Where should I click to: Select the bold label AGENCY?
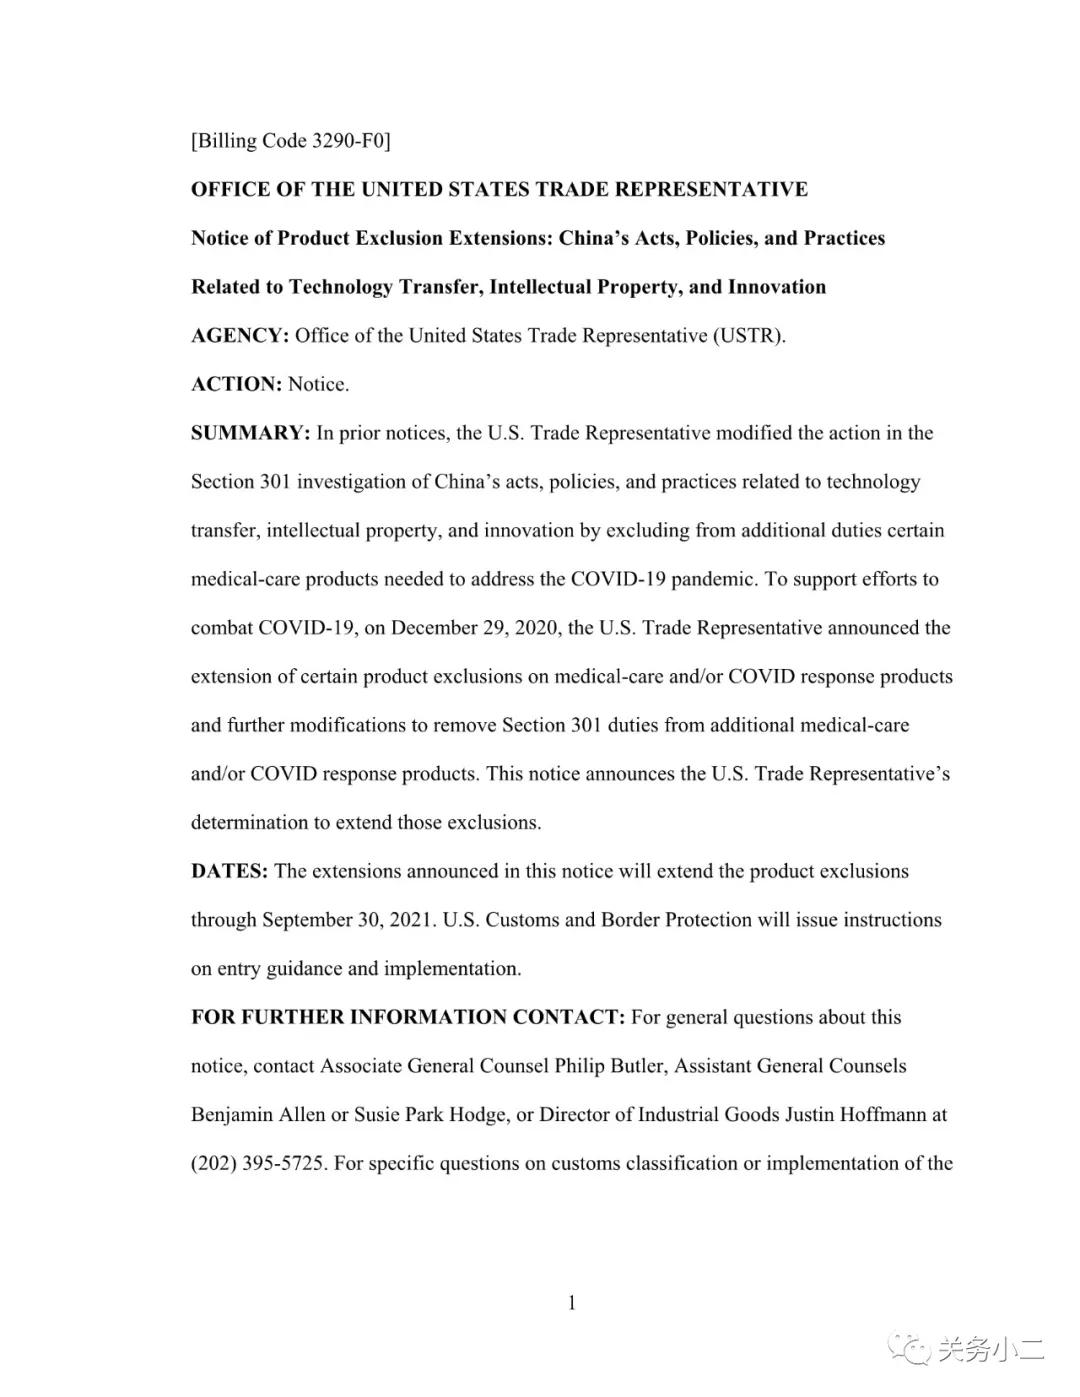(240, 336)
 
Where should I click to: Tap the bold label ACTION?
(236, 384)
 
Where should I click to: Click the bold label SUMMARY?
(250, 433)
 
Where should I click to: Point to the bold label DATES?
(229, 871)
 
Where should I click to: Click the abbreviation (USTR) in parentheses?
(749, 336)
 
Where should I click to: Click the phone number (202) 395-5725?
(258, 1163)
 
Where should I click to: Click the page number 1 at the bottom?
(572, 1302)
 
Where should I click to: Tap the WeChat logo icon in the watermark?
(911, 1350)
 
